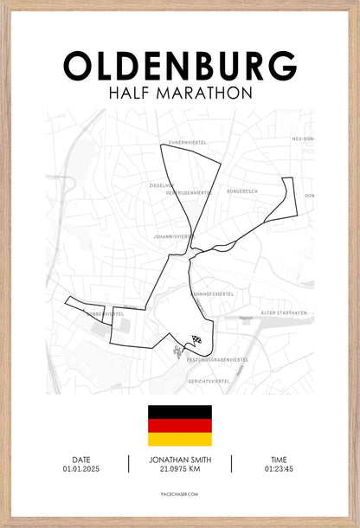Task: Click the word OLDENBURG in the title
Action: coord(180,66)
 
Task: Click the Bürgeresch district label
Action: coord(243,190)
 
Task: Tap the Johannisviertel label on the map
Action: coord(169,235)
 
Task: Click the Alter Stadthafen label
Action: coord(280,313)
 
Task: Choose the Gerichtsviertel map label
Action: coord(209,381)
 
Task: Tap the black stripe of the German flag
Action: coord(179,412)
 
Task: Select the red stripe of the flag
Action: coord(179,426)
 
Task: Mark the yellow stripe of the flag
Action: coord(179,439)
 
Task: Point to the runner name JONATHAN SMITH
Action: coord(180,460)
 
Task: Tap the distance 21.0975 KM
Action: coord(180,469)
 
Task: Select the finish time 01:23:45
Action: coord(279,469)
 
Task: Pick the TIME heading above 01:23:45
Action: coord(279,460)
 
